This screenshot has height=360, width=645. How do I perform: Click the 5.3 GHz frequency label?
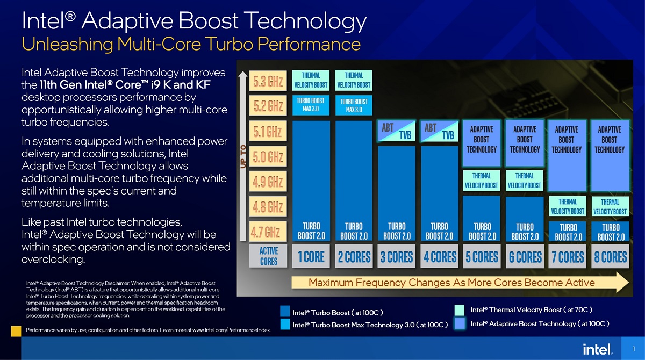click(268, 82)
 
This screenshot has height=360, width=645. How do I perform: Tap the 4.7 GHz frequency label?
click(266, 233)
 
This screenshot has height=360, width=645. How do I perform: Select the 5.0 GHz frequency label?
click(268, 157)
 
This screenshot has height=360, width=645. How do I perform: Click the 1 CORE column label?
click(311, 257)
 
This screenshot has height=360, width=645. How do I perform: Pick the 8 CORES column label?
click(611, 257)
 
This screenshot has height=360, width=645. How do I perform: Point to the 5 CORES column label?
click(482, 257)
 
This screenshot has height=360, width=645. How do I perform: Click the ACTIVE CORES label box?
click(268, 256)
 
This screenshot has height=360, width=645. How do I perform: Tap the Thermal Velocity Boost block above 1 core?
click(311, 80)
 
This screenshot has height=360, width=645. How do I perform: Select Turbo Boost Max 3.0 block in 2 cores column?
click(354, 106)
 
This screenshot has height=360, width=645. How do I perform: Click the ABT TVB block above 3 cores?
click(396, 131)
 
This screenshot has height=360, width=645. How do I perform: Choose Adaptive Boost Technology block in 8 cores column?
click(610, 140)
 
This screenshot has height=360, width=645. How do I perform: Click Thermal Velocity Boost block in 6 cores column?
click(525, 181)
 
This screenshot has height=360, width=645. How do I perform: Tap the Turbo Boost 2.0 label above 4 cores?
click(439, 231)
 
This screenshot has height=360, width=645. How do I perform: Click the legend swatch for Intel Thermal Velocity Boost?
click(460, 310)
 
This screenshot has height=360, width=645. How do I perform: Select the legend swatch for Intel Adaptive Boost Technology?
click(460, 323)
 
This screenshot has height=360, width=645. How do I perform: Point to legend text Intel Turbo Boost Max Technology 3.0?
click(370, 325)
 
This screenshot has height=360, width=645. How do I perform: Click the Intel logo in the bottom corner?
click(598, 349)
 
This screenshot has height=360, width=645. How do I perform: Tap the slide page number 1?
click(635, 349)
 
